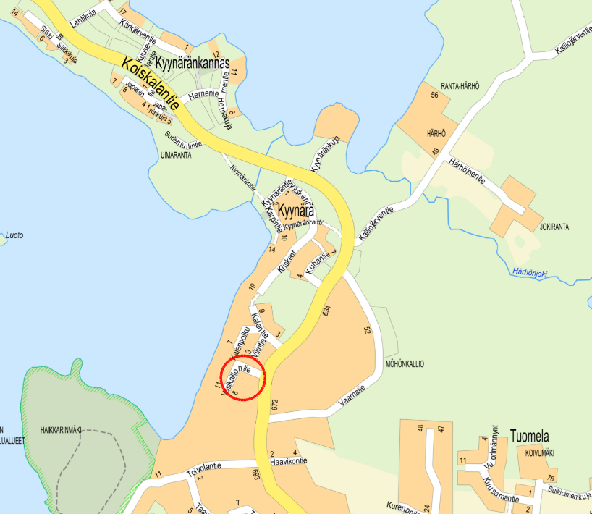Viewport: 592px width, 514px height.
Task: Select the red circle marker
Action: click(243, 376)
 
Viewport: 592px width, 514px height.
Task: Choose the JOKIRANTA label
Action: click(554, 227)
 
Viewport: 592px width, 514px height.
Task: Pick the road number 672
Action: click(274, 406)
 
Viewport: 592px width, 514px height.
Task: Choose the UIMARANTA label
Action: click(176, 154)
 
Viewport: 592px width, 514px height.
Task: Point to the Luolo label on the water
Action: click(14, 235)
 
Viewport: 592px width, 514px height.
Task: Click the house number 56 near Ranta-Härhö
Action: click(435, 96)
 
